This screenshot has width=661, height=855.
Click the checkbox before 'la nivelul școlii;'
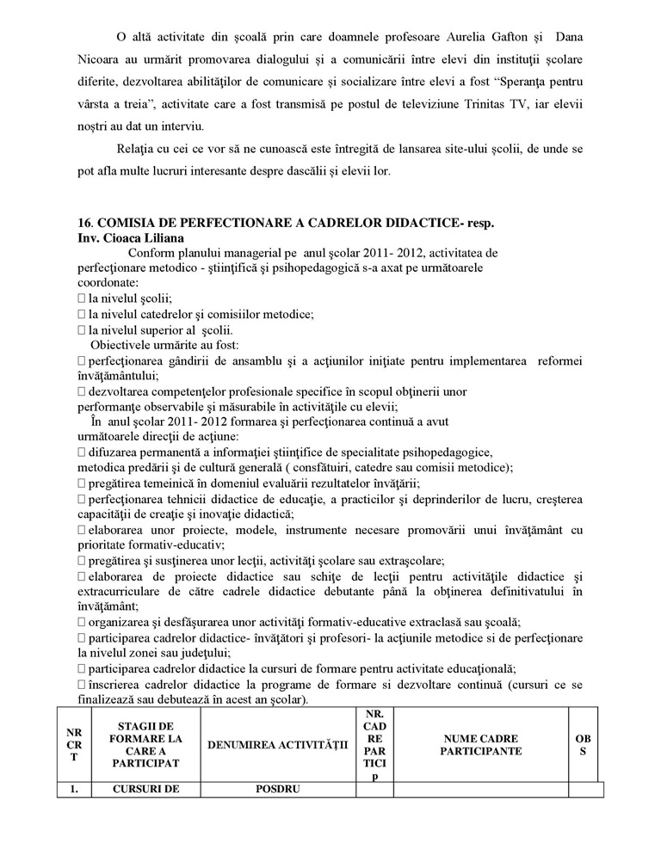pos(82,298)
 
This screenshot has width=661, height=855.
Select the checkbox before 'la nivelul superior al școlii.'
pos(82,329)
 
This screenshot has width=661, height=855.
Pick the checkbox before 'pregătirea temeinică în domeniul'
pos(82,484)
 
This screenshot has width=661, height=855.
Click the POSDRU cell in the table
pos(277,789)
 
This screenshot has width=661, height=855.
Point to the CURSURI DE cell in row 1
pos(145,789)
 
